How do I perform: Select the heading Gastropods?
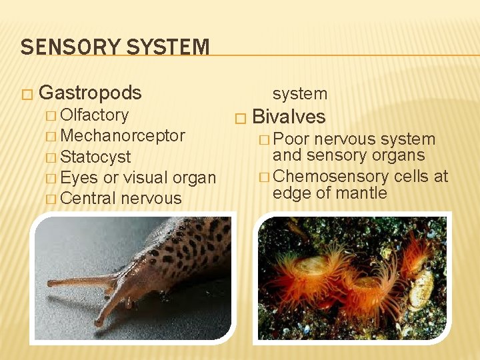coord(91,92)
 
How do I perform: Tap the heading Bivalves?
coord(289,117)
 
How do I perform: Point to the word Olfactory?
coord(94,115)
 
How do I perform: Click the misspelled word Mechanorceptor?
coord(123,135)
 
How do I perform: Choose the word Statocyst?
coord(95,157)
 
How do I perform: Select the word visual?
coord(145,178)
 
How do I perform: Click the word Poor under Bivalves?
coord(291,139)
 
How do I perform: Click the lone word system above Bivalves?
coord(299,94)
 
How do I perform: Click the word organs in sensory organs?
coord(402,155)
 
